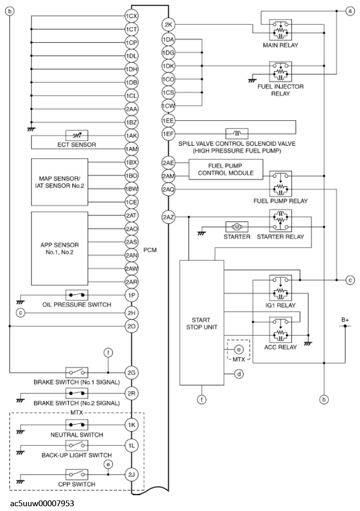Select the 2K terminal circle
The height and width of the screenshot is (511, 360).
tap(168, 25)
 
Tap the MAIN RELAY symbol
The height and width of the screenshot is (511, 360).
tap(280, 30)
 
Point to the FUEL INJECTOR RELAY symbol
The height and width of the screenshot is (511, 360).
tap(280, 71)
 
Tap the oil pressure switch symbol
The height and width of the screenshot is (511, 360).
tap(77, 294)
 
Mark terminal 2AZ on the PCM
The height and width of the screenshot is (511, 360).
tap(168, 216)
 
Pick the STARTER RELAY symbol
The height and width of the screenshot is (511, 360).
tap(280, 220)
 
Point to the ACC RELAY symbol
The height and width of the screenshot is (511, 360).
tap(280, 330)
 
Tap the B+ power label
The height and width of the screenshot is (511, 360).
tap(345, 319)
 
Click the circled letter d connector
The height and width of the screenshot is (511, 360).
tap(239, 374)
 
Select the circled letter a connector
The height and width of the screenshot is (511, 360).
tap(349, 11)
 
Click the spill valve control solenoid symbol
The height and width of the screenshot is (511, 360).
tap(236, 134)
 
